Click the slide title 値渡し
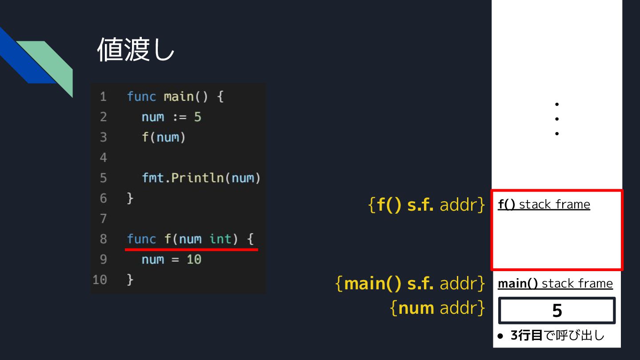[136, 49]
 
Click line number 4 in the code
[103, 157]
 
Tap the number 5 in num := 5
[197, 117]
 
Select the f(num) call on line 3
[163, 137]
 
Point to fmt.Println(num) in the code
[201, 178]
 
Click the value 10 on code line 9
[194, 259]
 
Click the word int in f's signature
[220, 239]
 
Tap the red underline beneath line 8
[191, 250]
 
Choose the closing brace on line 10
[130, 280]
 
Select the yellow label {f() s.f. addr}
[427, 205]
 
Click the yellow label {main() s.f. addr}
[410, 284]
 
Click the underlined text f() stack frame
[544, 204]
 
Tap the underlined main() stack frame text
[555, 284]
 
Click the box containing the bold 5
[557, 311]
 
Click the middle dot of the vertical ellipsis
[556, 119]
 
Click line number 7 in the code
[103, 218]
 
